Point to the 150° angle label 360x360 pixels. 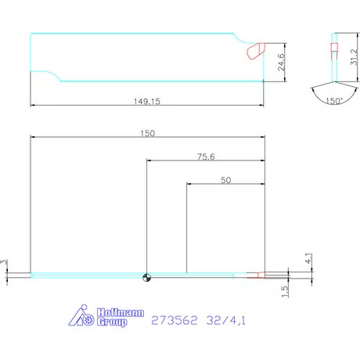334,101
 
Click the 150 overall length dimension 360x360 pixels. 148,133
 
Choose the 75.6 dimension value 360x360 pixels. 206,157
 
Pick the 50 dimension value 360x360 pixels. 225,180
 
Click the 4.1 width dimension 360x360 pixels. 309,257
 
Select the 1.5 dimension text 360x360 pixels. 286,290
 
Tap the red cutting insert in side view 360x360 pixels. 254,51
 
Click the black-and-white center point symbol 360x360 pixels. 146,275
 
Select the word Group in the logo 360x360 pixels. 111,322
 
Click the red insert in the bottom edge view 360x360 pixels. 257,275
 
